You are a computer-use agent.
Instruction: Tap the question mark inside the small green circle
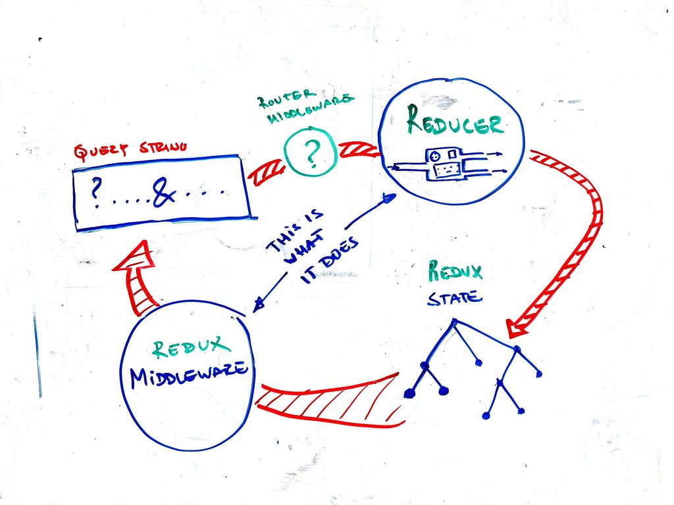(311, 153)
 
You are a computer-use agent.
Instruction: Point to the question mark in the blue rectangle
(97, 192)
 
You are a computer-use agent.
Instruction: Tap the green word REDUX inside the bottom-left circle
(192, 347)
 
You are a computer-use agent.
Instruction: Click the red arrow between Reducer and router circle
(358, 151)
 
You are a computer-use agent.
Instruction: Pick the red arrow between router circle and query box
(267, 171)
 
